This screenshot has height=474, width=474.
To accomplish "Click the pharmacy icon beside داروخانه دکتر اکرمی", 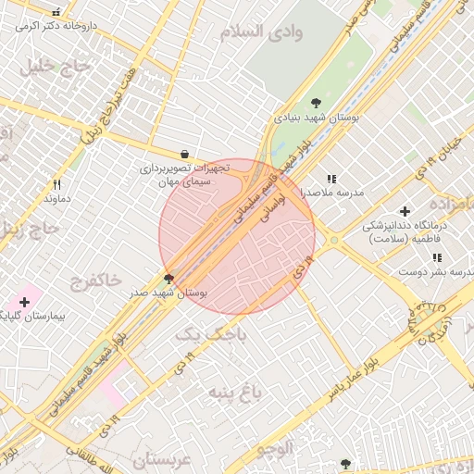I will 57,13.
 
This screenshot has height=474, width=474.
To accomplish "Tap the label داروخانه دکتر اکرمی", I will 55,27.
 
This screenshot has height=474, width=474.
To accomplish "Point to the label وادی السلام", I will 262,32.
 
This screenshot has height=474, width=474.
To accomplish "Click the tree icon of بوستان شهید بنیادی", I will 317,103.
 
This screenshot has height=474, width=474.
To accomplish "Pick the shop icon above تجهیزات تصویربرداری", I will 185,155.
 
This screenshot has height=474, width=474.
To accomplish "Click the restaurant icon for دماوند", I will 56,184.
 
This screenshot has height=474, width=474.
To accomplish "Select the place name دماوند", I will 57,199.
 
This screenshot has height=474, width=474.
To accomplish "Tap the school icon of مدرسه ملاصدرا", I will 331,179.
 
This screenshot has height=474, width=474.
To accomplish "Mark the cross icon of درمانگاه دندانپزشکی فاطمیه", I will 405,211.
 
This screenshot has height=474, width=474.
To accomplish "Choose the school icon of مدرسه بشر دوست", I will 436,257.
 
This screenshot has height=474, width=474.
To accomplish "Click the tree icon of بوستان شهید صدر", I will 168,278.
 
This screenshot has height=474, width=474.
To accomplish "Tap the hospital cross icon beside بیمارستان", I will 24,302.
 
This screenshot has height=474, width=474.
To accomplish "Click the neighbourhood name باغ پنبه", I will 243,393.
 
